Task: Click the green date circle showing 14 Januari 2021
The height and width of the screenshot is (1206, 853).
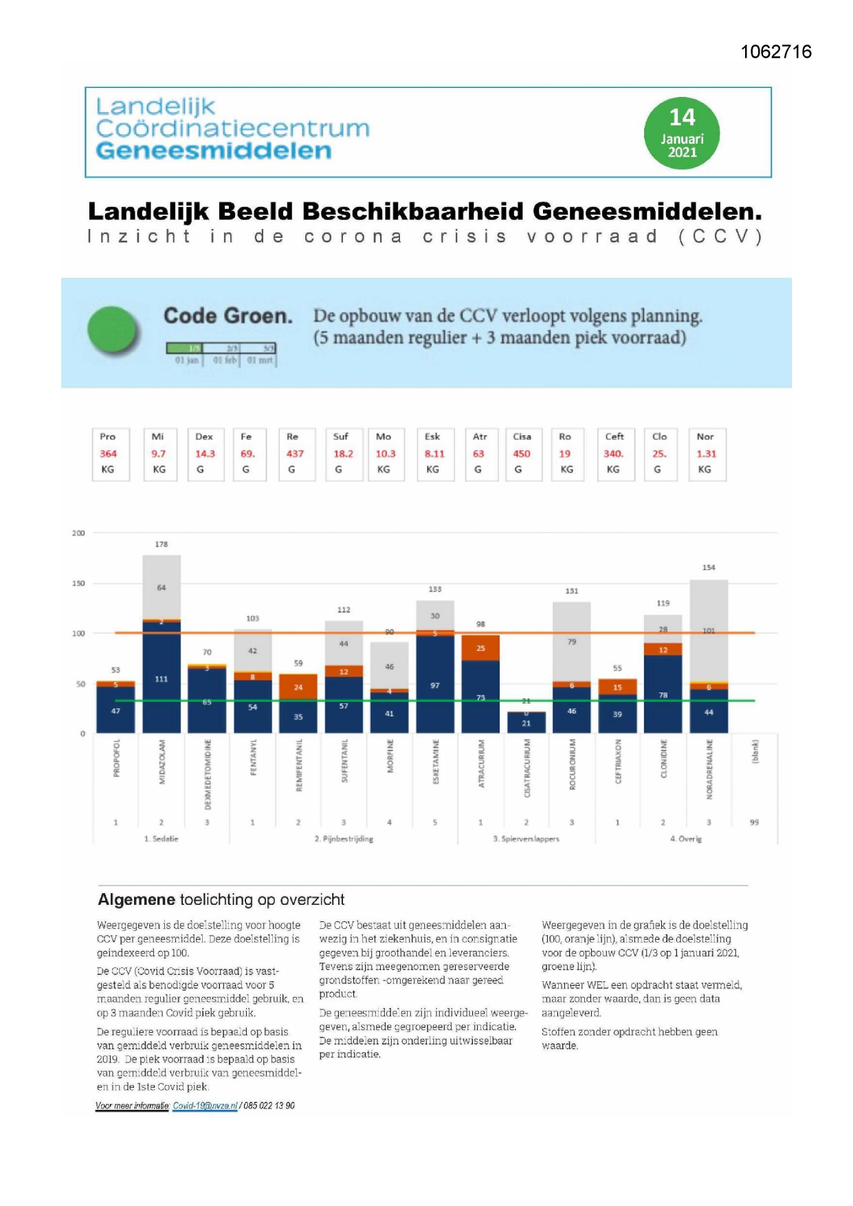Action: (x=681, y=133)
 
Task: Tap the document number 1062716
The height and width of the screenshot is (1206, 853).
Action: (x=776, y=52)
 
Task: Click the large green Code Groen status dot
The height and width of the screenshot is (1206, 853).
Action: (x=113, y=330)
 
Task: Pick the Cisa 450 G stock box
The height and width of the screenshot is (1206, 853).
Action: (x=522, y=454)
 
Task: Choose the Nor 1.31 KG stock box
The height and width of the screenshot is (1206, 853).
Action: (x=707, y=454)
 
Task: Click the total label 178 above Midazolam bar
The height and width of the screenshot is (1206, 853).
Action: (x=161, y=544)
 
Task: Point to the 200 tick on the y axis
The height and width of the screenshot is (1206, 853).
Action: (x=78, y=533)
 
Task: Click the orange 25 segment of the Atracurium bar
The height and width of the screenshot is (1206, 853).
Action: (x=480, y=648)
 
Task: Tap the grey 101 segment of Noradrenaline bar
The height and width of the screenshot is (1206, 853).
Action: (x=709, y=631)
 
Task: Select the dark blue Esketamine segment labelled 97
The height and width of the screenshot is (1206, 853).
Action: (x=435, y=686)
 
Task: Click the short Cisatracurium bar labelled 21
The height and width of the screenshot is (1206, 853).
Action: (x=526, y=723)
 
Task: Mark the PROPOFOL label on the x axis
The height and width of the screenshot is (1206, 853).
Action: (x=116, y=758)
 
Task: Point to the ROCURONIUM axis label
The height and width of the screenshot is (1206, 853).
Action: (x=572, y=764)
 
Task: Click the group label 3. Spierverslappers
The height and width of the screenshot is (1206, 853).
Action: (x=526, y=839)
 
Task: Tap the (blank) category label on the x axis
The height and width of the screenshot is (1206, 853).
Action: (x=755, y=752)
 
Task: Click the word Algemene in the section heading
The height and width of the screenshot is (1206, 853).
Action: (x=136, y=899)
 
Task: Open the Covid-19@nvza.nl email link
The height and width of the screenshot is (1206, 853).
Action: (x=205, y=1106)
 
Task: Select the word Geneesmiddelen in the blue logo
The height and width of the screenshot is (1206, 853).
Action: (x=214, y=151)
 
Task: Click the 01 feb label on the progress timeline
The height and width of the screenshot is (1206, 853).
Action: (x=224, y=360)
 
